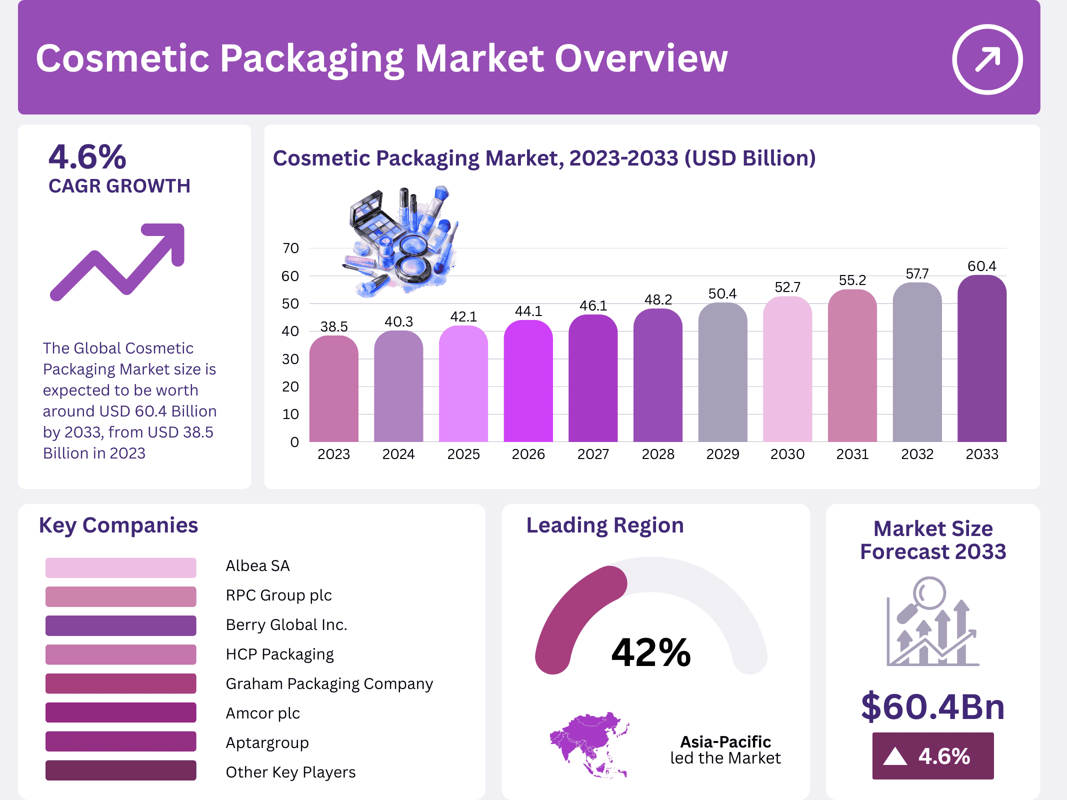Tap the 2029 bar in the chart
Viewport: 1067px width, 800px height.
[x=722, y=372]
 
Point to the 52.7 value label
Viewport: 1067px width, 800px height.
[x=787, y=287]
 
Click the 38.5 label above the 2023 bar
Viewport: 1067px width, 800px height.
[x=334, y=327]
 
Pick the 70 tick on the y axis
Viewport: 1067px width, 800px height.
[x=290, y=248]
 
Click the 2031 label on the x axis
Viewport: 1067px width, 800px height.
[x=852, y=454]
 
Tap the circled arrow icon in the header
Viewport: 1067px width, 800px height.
[x=987, y=59]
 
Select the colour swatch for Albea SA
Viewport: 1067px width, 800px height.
[x=120, y=567]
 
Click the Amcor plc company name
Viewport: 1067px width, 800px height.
[x=262, y=713]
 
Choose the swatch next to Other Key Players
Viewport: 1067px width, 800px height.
[x=120, y=770]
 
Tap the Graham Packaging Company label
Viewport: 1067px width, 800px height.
[x=329, y=684]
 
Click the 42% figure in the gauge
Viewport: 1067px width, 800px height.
[x=650, y=653]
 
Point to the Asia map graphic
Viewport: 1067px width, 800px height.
[x=589, y=743]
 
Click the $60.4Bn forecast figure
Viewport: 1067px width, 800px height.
[x=932, y=707]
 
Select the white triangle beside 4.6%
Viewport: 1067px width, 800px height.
[x=894, y=756]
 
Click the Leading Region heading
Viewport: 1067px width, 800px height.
[x=604, y=525]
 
